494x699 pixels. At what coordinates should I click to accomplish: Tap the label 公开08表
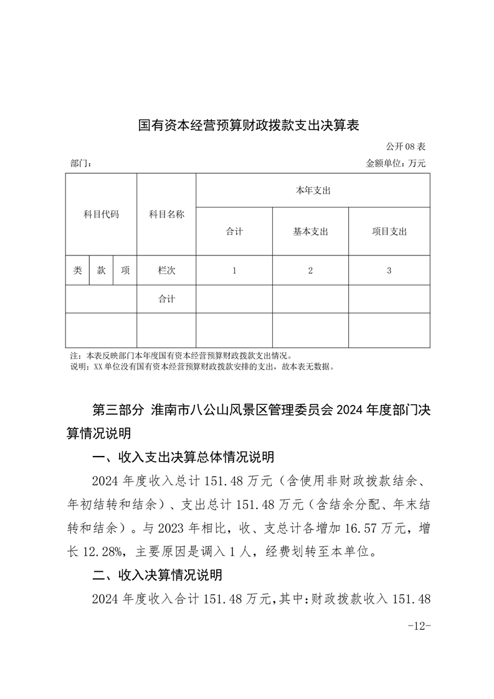(x=406, y=147)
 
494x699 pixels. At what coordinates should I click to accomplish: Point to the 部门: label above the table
(x=82, y=164)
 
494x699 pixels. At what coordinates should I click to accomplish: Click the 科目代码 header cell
(x=101, y=214)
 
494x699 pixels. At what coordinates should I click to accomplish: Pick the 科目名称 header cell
(x=166, y=214)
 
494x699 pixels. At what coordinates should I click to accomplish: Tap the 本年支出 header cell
(x=313, y=191)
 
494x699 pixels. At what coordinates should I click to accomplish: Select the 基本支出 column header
(x=310, y=232)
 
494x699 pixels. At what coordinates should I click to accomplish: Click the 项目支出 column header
(x=389, y=232)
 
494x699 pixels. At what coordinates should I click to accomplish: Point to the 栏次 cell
(x=166, y=270)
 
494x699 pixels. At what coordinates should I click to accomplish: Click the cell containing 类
(x=77, y=270)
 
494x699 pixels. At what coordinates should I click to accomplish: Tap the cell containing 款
(x=101, y=270)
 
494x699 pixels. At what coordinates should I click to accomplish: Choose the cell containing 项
(x=125, y=270)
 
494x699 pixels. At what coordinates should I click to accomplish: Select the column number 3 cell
(x=389, y=270)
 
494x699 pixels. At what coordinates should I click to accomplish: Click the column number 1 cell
(x=234, y=270)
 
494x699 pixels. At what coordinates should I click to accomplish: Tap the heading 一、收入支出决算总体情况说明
(x=183, y=458)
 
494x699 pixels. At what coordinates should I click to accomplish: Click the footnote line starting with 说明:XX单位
(x=203, y=367)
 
